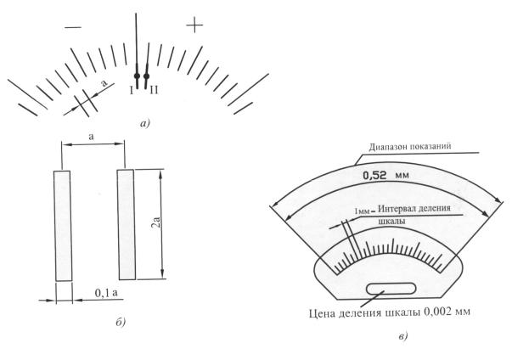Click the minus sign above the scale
pos(73,27)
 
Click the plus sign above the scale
pos(194,25)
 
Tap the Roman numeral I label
pos(132,90)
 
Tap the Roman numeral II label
pos(154,90)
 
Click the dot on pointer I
pos(138,76)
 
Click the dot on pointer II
pos(146,76)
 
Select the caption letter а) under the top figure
pos(144,124)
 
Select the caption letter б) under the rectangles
pos(121,322)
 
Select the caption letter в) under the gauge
pos(403,336)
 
